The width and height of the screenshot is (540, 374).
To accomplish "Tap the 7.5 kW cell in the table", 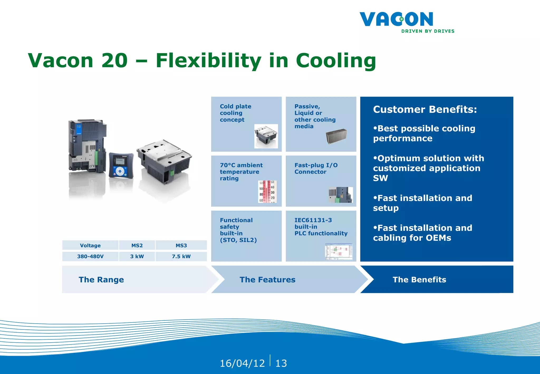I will (181, 256).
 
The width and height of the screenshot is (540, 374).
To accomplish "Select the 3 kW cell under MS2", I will (137, 256).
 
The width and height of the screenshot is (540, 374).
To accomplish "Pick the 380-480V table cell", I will (90, 256).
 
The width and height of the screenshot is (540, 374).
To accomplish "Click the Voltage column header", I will (90, 245).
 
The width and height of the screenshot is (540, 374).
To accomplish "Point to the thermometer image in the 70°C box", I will (267, 192).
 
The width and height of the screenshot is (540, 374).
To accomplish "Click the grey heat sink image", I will (336, 137).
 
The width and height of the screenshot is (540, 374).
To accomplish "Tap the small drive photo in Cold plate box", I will (266, 136).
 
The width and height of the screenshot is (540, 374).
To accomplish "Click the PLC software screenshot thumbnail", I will (339, 252).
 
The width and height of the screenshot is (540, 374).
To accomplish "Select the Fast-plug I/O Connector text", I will (316, 169).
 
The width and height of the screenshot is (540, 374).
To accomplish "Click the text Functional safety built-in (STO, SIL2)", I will (238, 230).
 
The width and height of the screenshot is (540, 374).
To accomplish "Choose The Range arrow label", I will (101, 280).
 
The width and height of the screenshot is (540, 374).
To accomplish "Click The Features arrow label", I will (267, 280).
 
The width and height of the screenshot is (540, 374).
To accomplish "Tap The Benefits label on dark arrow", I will (419, 280).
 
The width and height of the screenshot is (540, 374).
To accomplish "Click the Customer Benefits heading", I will (425, 109).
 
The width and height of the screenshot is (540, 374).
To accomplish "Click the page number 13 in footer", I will (281, 363).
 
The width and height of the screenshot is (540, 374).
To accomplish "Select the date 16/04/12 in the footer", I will (242, 363).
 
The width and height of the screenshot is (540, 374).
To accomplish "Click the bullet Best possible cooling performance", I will (424, 133).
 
